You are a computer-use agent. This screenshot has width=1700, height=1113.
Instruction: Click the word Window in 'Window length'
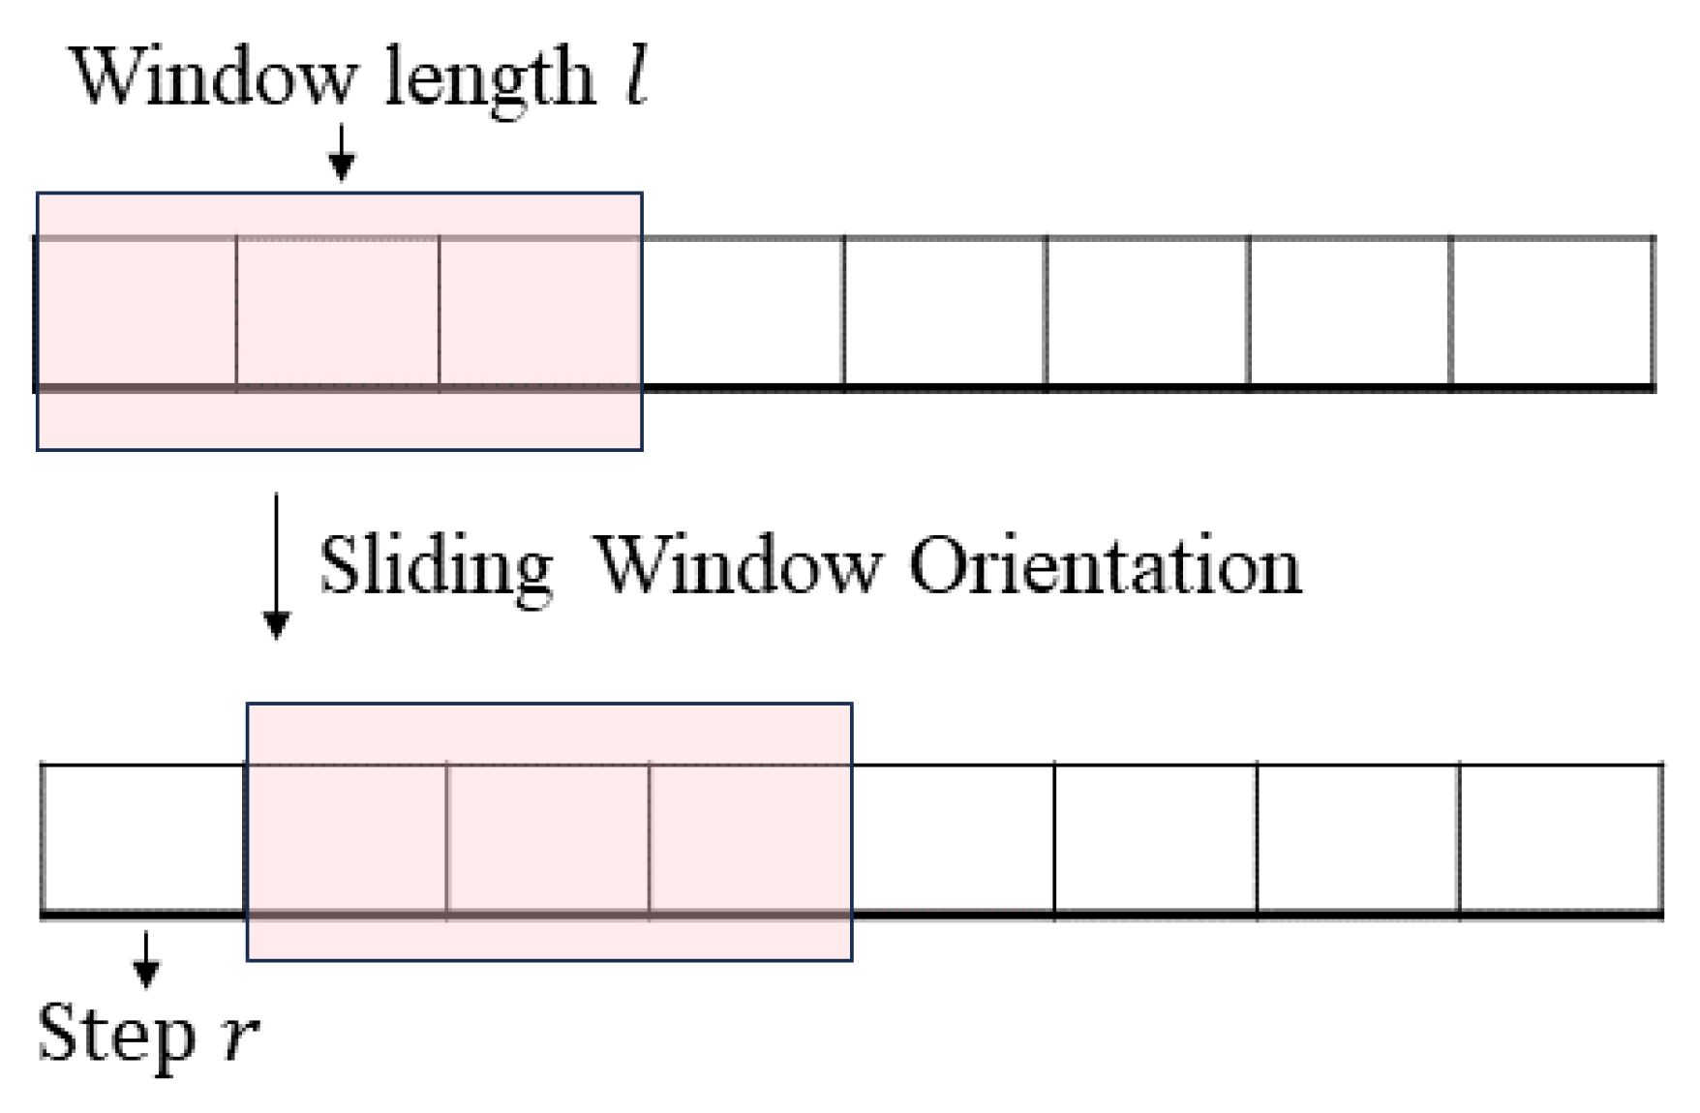[x=213, y=77]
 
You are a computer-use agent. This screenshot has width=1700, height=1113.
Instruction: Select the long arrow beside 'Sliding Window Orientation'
[x=277, y=566]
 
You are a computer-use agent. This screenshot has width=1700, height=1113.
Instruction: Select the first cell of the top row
[x=137, y=312]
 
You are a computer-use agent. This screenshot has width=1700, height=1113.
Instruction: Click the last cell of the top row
[x=1552, y=312]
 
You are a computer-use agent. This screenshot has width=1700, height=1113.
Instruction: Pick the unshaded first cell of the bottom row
[x=143, y=838]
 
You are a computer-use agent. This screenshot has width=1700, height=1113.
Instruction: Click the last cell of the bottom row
[x=1561, y=838]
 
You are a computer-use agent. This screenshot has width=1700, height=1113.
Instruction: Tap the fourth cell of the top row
[x=743, y=312]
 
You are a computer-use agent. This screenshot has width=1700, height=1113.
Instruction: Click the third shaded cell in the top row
[x=539, y=312]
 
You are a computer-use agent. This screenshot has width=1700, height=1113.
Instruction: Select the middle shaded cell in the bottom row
[x=548, y=838]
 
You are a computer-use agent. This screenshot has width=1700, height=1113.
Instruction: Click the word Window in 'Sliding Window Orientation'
[x=736, y=566]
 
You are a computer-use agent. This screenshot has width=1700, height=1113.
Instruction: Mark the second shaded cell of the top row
[x=338, y=312]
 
